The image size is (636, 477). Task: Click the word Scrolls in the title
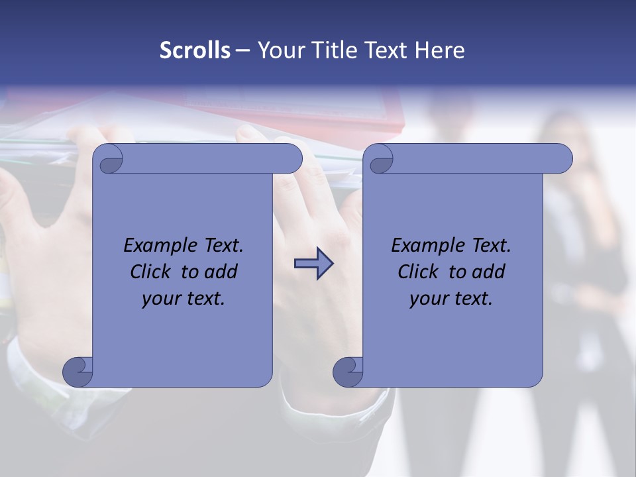(x=195, y=50)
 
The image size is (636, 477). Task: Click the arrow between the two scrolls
(x=313, y=264)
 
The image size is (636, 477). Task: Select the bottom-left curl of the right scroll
(x=348, y=371)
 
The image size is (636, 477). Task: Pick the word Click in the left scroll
(x=151, y=272)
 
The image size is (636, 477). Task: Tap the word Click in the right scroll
(x=418, y=272)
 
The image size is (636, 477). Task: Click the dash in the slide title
(x=242, y=50)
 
